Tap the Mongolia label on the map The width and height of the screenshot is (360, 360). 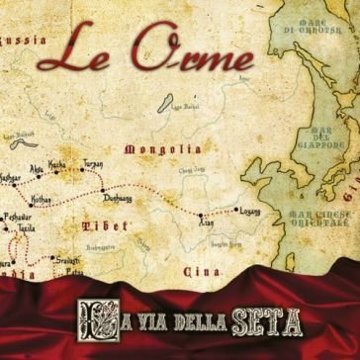tap(156, 150)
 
